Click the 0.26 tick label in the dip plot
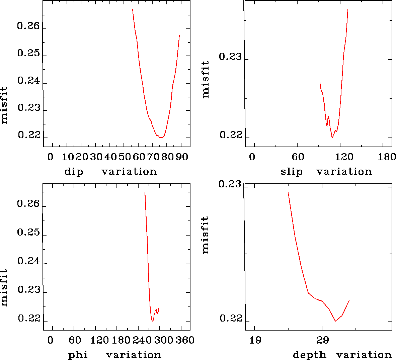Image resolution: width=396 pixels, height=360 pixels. click(x=28, y=26)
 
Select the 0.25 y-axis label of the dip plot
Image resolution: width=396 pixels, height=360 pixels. click(x=28, y=54)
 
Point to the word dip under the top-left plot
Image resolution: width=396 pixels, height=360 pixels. click(x=74, y=172)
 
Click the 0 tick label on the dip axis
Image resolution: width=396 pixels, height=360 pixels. click(x=50, y=157)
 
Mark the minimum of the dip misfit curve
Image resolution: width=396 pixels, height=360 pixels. click(x=161, y=138)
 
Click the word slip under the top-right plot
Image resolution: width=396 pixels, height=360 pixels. click(x=292, y=172)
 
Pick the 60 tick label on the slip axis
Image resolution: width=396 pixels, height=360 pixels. click(x=298, y=157)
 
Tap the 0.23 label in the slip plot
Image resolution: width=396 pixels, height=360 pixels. click(x=230, y=57)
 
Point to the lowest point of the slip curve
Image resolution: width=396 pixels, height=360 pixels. click(x=332, y=138)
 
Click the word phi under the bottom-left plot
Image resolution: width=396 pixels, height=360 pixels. click(x=78, y=355)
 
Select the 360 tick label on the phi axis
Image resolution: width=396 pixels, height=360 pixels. click(x=185, y=340)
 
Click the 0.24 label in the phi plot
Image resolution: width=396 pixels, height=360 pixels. click(x=28, y=261)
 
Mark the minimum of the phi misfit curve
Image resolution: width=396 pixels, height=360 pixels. click(x=152, y=321)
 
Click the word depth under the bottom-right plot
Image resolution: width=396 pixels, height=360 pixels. click(x=309, y=355)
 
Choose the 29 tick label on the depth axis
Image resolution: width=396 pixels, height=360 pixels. click(x=322, y=340)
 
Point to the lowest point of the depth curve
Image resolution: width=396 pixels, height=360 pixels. click(x=335, y=321)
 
